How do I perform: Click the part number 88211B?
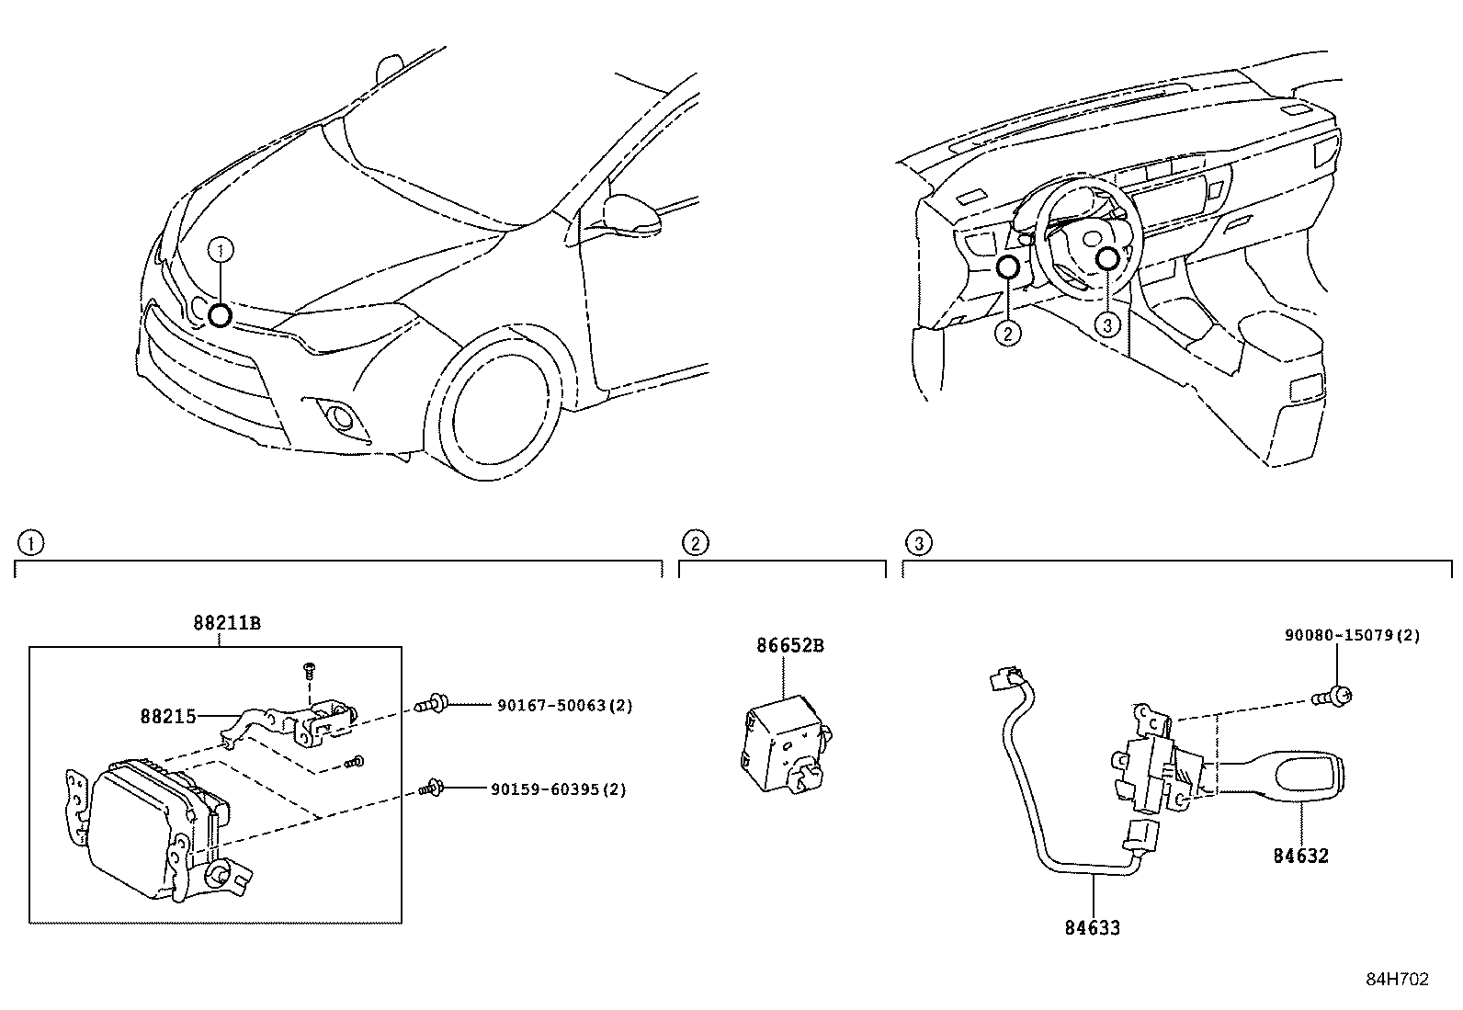click(x=227, y=623)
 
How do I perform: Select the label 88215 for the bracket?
click(x=168, y=715)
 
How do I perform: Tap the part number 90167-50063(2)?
click(x=564, y=706)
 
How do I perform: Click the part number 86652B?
click(x=790, y=645)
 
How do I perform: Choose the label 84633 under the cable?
click(x=1093, y=927)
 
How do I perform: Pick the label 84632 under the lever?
click(x=1300, y=856)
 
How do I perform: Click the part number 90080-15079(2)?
click(x=1352, y=635)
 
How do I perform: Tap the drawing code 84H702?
click(x=1397, y=980)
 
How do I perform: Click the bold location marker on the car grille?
click(x=219, y=315)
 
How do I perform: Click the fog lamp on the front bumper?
click(x=343, y=418)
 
